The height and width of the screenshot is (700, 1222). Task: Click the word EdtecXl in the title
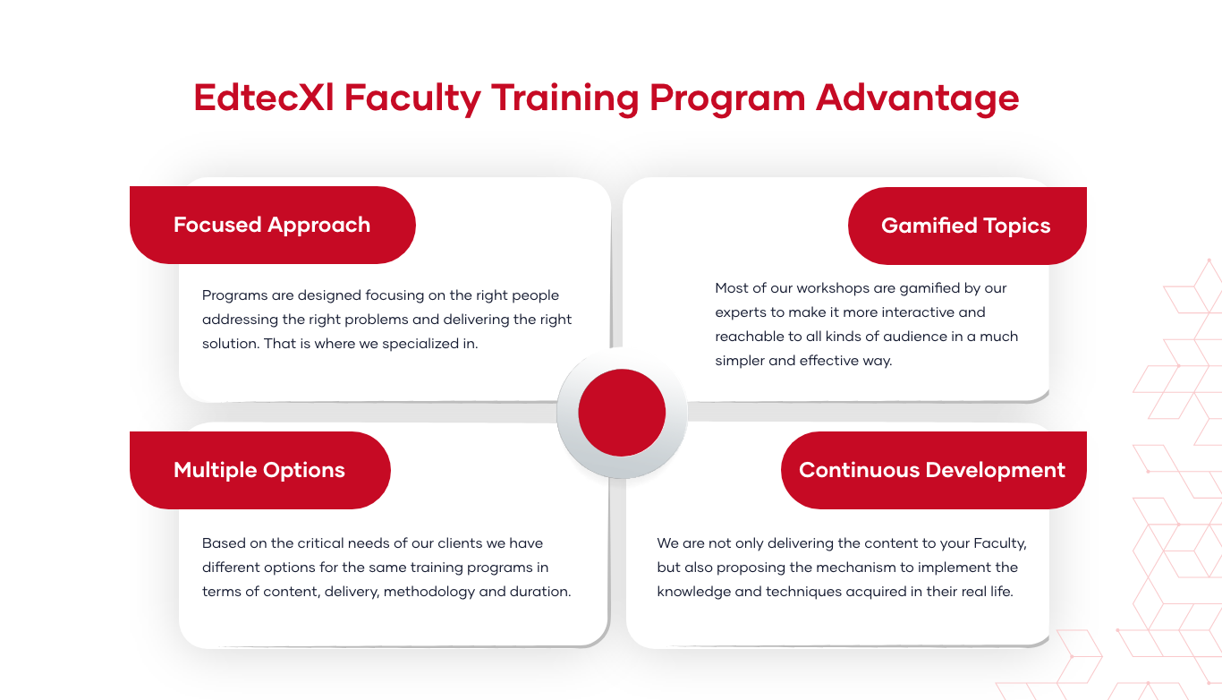coord(264,98)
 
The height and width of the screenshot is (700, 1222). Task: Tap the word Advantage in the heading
coord(917,99)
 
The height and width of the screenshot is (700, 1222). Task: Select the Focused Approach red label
coord(272,225)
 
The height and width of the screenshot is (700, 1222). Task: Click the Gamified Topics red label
coord(967,226)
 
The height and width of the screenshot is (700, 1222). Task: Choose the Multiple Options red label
coord(259,470)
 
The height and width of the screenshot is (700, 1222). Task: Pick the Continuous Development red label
coord(933,470)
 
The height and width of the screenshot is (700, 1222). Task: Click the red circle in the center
coord(622,413)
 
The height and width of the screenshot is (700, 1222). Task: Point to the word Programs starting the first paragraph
coord(234,295)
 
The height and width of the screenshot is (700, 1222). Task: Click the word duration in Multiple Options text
coord(540,592)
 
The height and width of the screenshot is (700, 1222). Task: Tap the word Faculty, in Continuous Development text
coord(1000,544)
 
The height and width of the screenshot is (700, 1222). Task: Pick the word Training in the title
coord(565,99)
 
